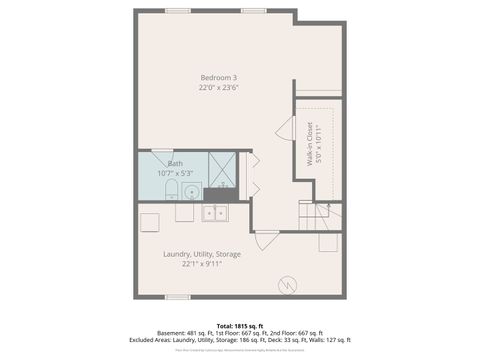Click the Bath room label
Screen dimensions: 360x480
pos(175,163)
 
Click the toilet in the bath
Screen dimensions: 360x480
pos(170,190)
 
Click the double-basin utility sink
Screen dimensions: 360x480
pos(214,212)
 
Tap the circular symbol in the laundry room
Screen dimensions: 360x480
pos(289,284)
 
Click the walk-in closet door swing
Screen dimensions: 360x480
pos(285,128)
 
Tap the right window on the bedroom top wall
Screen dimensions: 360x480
pos(254,11)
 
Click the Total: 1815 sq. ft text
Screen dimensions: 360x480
pos(239,325)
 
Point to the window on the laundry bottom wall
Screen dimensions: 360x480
pos(177,296)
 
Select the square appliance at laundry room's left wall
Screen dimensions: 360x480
pos(150,221)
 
